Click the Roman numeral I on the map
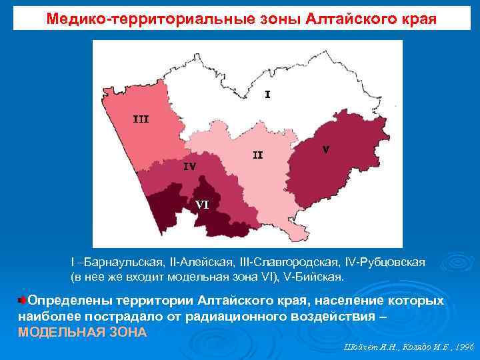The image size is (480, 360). pyautogui.click(x=267, y=95)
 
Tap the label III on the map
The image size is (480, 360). pyautogui.click(x=141, y=119)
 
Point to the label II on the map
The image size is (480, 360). pyautogui.click(x=257, y=155)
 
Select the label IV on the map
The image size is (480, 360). pyautogui.click(x=189, y=167)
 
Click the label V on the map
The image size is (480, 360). pyautogui.click(x=325, y=149)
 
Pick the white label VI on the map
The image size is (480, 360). pyautogui.click(x=202, y=205)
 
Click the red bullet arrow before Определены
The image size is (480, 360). pyautogui.click(x=23, y=301)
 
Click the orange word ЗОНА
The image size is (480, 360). pyautogui.click(x=126, y=332)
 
